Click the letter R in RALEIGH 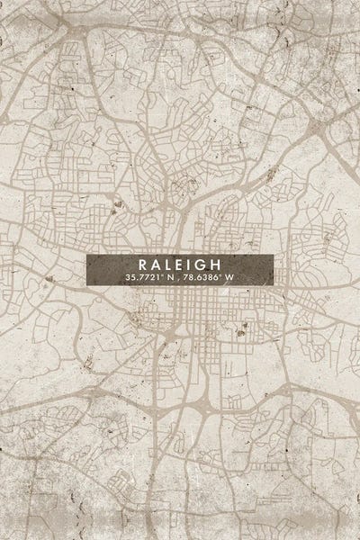142,265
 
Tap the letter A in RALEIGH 154,265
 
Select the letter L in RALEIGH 166,265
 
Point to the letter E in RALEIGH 176,265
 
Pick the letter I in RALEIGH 186,265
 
